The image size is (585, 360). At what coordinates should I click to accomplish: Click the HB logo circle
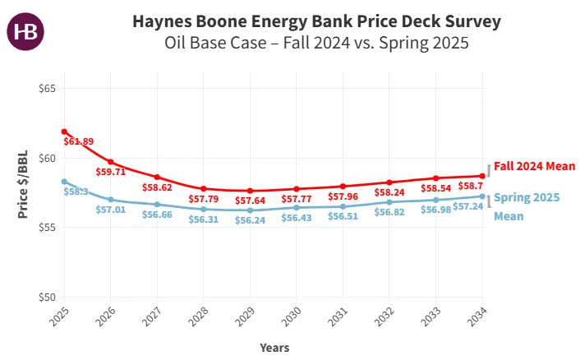[x=25, y=31]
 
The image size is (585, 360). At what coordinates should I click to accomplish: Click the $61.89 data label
[x=78, y=141]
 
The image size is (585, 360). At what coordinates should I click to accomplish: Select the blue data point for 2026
[x=111, y=200]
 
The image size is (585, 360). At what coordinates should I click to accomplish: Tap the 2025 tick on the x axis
[x=60, y=316]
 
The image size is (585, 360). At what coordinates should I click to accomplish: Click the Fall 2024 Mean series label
[x=534, y=167]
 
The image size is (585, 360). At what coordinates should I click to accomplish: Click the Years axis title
[x=274, y=348]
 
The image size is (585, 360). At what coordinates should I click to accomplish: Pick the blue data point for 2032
[x=390, y=201]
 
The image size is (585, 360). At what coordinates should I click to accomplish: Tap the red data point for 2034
[x=483, y=176]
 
